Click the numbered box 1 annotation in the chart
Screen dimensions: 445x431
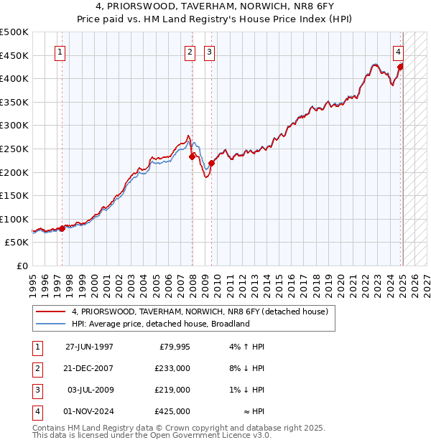(x=60, y=51)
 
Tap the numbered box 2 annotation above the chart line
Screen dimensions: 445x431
(x=190, y=51)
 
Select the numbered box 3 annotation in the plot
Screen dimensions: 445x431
(x=209, y=51)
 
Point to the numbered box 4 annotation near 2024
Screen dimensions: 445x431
(x=397, y=51)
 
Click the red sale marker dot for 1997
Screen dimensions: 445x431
(x=62, y=228)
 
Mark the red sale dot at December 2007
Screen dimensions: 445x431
(x=192, y=156)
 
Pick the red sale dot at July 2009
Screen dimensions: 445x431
(x=211, y=163)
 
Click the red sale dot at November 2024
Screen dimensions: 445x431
(x=400, y=67)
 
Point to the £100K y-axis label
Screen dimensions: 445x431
(x=14, y=219)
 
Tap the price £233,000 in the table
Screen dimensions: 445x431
(x=172, y=367)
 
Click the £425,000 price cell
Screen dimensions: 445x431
(x=172, y=411)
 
